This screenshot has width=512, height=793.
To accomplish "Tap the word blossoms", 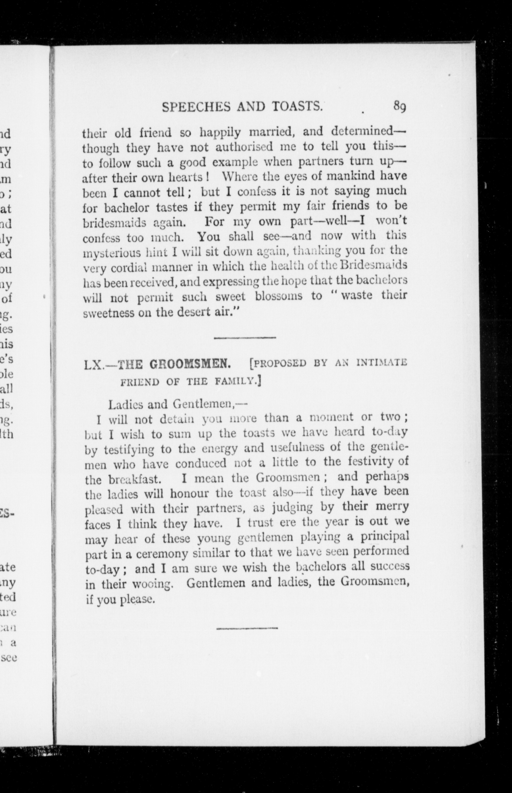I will coord(279,296).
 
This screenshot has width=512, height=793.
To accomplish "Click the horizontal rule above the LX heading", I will coord(245,338).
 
